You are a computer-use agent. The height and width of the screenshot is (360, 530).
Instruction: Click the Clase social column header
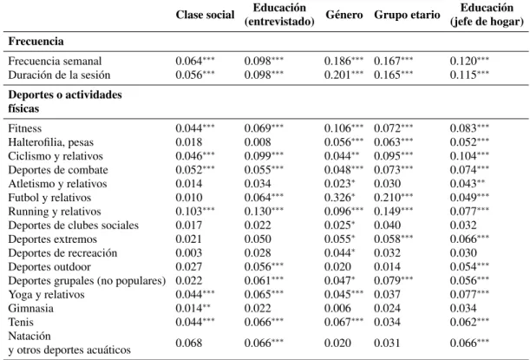tap(205, 15)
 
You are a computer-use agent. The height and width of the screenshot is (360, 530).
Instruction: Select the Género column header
tap(344, 15)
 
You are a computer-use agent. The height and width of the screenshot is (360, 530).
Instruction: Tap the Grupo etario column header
tap(407, 15)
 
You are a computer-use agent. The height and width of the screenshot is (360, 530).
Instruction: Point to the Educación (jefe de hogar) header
tap(487, 15)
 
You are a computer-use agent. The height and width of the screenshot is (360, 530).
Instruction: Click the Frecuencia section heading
tap(36, 42)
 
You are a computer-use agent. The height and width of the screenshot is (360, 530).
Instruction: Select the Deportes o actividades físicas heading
tap(65, 101)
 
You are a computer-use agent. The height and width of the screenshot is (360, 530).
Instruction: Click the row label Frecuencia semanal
tap(55, 62)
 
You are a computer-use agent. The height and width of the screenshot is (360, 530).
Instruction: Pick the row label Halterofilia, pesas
tap(50, 142)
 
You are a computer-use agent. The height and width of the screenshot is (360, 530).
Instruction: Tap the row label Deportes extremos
tap(52, 239)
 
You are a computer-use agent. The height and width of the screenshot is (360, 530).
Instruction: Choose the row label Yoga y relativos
tap(46, 294)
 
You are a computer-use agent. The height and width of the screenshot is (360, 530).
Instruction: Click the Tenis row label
tap(21, 322)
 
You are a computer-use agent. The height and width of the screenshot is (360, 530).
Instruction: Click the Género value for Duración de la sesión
tap(344, 75)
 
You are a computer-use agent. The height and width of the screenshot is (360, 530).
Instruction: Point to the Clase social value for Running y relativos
tap(195, 212)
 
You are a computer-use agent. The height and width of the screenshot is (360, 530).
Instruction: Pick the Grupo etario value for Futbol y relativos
tap(394, 198)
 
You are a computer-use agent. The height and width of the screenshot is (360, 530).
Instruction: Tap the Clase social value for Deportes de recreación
tap(188, 252)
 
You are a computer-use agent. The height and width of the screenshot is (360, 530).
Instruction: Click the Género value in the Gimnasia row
tap(337, 308)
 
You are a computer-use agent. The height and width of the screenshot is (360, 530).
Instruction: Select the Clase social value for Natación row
tap(188, 343)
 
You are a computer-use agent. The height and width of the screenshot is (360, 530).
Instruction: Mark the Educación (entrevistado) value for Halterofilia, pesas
tap(258, 142)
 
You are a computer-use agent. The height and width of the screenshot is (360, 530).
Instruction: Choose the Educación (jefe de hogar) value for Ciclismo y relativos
tap(469, 156)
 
